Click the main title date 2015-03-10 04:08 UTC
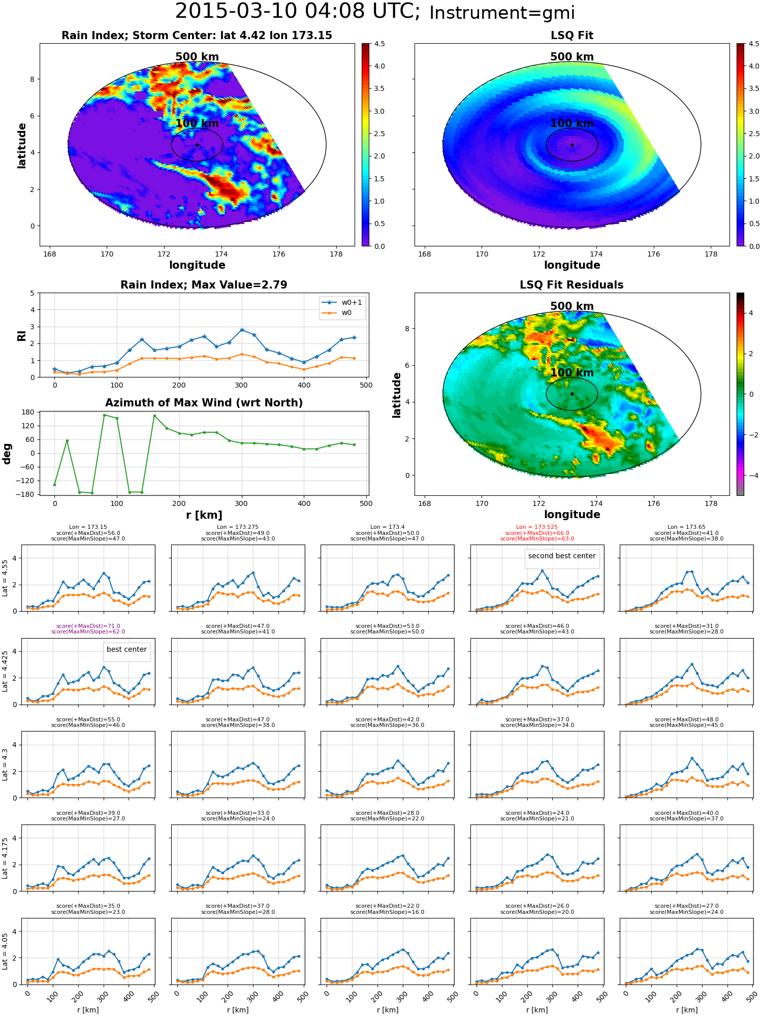tap(297, 12)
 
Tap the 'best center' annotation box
tap(126, 649)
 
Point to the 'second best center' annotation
tap(562, 556)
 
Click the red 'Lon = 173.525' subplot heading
tap(537, 527)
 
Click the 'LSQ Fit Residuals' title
tap(571, 285)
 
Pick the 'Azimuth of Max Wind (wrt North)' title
tap(204, 403)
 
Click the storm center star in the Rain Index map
tap(197, 145)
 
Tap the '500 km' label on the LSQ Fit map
tap(572, 57)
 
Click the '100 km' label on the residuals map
tap(572, 372)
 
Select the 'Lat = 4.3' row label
tap(5, 765)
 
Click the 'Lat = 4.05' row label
tap(5, 951)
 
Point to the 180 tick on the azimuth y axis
tap(28, 412)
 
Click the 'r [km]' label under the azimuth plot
tap(204, 515)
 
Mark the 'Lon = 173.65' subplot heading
tap(686, 527)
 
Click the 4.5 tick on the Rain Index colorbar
tap(379, 44)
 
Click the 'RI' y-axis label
tap(21, 335)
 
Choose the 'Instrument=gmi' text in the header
tap(502, 13)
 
